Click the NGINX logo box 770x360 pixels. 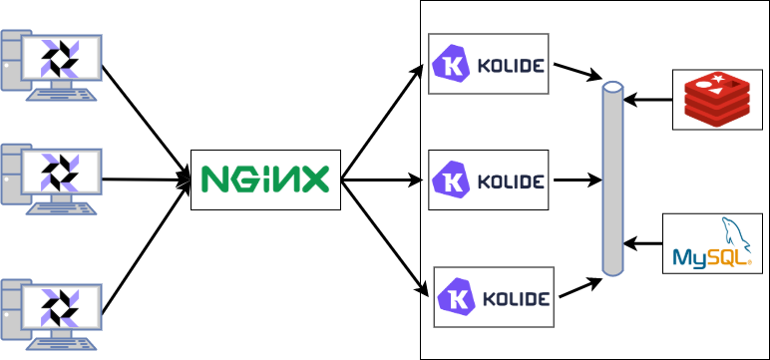(265, 180)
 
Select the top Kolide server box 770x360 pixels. (489, 65)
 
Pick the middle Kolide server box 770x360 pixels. (489, 180)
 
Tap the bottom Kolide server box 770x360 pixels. (493, 296)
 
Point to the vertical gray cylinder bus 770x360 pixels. (613, 180)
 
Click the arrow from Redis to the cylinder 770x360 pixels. (648, 99)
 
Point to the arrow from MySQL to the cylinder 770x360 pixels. (644, 243)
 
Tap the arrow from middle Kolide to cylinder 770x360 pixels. (577, 180)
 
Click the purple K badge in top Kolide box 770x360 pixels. (451, 67)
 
